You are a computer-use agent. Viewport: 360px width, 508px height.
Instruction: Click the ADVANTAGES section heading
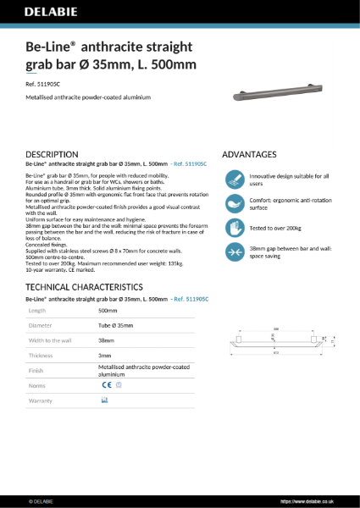(x=249, y=154)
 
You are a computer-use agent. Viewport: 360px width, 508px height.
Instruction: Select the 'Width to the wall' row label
(x=47, y=340)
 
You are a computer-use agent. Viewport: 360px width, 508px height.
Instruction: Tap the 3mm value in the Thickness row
(x=105, y=355)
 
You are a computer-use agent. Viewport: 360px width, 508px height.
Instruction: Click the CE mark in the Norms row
(x=105, y=384)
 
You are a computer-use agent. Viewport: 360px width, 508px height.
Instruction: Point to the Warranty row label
(x=41, y=400)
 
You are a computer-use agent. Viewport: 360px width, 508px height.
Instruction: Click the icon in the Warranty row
(x=104, y=400)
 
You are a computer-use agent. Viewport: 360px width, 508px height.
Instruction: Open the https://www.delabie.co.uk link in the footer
(x=310, y=501)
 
